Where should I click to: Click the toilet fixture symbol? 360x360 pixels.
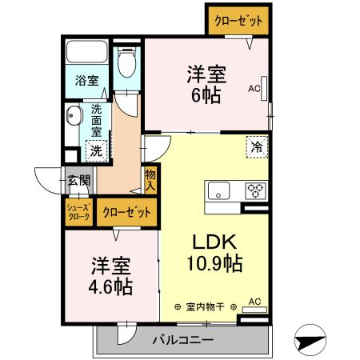[x=126, y=63]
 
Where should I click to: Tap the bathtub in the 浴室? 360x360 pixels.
[x=88, y=54]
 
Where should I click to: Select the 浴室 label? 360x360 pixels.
[x=87, y=81]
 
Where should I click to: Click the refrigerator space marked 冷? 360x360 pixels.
[x=257, y=146]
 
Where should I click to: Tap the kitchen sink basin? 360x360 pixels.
[x=218, y=190]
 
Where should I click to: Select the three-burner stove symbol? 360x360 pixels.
[x=255, y=190]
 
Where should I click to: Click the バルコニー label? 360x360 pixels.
[x=183, y=340]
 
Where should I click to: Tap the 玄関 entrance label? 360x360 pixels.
[x=79, y=180]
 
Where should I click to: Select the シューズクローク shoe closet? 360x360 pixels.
[x=78, y=211]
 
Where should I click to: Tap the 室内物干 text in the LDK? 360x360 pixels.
[x=206, y=306]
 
